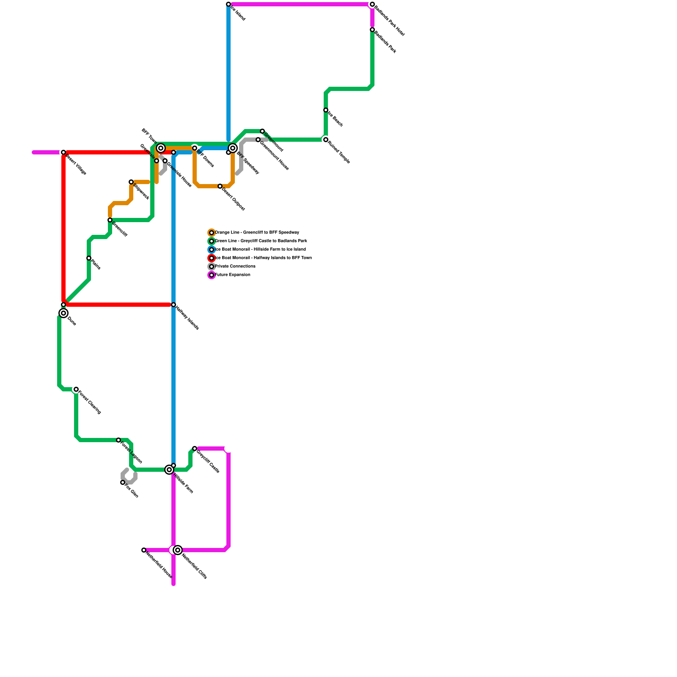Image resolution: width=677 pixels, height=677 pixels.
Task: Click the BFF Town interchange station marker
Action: (x=161, y=148)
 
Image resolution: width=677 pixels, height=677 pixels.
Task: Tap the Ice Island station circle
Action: (x=228, y=4)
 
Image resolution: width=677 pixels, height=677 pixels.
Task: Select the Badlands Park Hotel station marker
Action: (x=372, y=4)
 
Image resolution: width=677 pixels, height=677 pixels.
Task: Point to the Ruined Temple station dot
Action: (x=326, y=140)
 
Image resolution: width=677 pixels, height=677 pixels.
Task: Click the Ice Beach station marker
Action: (x=326, y=110)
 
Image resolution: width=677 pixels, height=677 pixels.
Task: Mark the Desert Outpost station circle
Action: (x=220, y=186)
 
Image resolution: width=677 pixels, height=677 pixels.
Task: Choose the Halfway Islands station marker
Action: (x=173, y=305)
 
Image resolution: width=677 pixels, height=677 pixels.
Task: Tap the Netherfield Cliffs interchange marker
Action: (x=178, y=550)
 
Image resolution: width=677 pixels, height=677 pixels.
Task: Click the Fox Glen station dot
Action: (x=123, y=482)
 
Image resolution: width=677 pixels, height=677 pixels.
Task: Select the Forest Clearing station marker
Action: (x=76, y=389)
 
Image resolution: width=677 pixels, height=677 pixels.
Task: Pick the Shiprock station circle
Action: (x=131, y=182)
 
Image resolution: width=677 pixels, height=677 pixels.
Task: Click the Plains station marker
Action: (x=89, y=258)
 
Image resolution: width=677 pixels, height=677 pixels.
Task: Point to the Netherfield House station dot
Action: (x=144, y=550)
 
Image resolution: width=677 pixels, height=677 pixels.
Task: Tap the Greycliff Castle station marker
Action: (x=195, y=449)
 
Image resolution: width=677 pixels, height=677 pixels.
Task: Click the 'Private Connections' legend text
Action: (x=235, y=267)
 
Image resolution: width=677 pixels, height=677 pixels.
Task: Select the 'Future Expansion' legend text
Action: (x=233, y=275)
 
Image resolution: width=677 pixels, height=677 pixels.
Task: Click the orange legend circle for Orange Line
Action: (x=212, y=233)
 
